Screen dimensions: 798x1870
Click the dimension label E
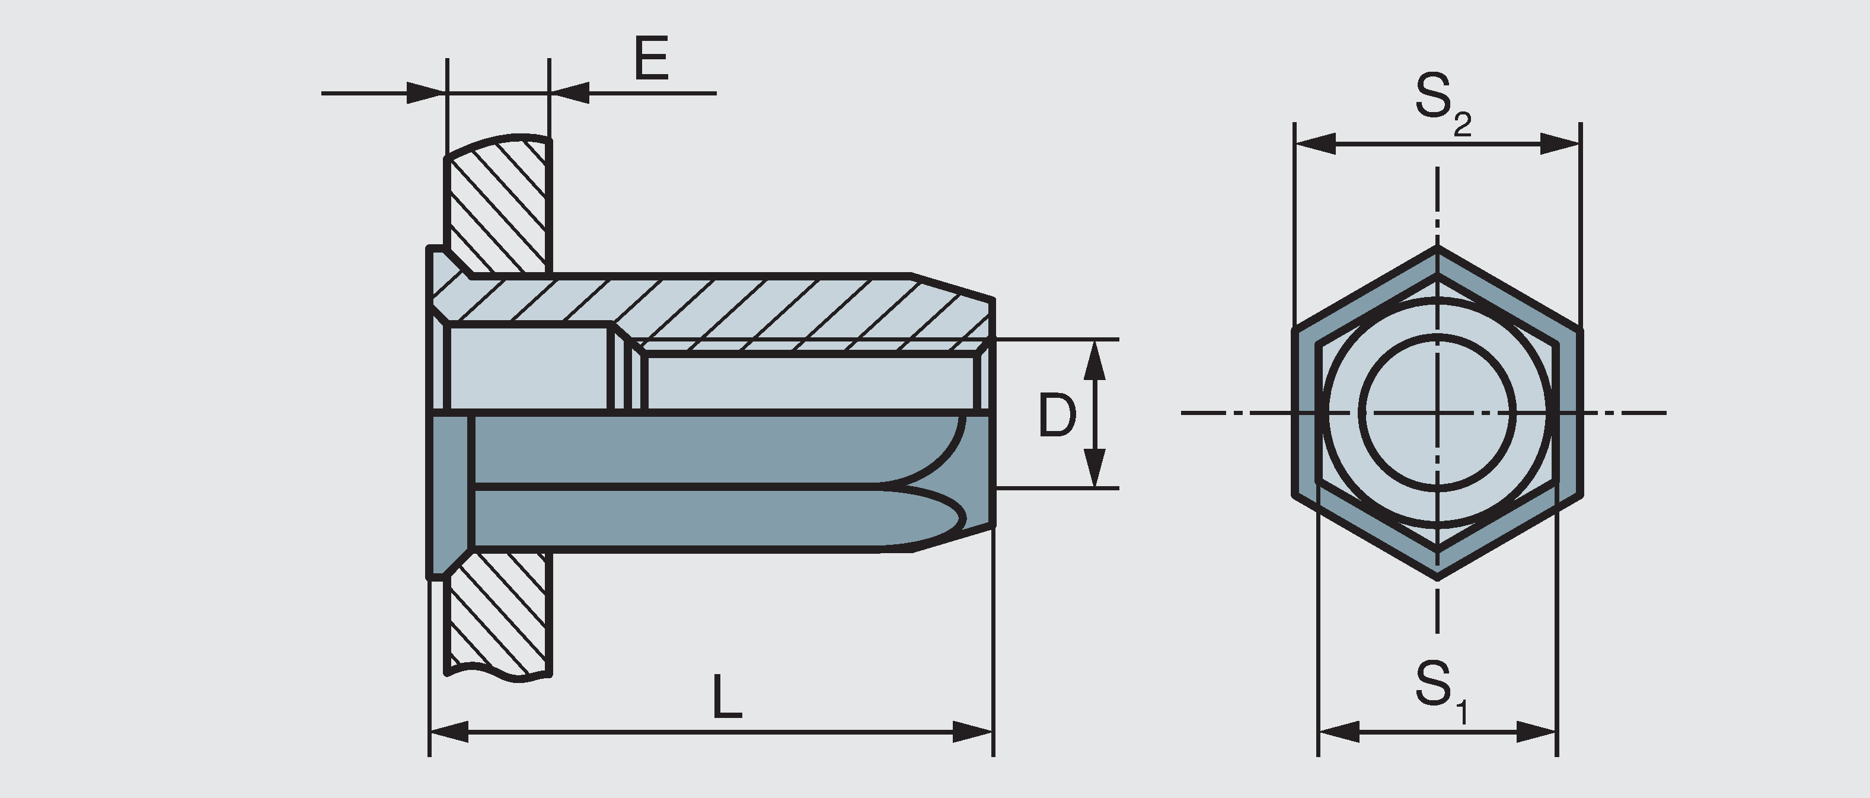650,59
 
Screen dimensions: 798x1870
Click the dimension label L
727,697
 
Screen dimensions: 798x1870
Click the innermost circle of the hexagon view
1437,413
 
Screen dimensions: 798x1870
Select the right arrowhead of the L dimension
973,731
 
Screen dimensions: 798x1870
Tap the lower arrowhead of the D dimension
1094,468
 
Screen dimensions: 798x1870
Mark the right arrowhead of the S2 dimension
1560,144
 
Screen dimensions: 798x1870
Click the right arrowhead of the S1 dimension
1536,731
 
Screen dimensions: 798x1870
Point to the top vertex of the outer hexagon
1437,248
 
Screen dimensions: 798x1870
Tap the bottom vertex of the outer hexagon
1437,578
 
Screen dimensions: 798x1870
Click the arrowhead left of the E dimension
425,93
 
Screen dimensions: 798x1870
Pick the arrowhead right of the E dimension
570,93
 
